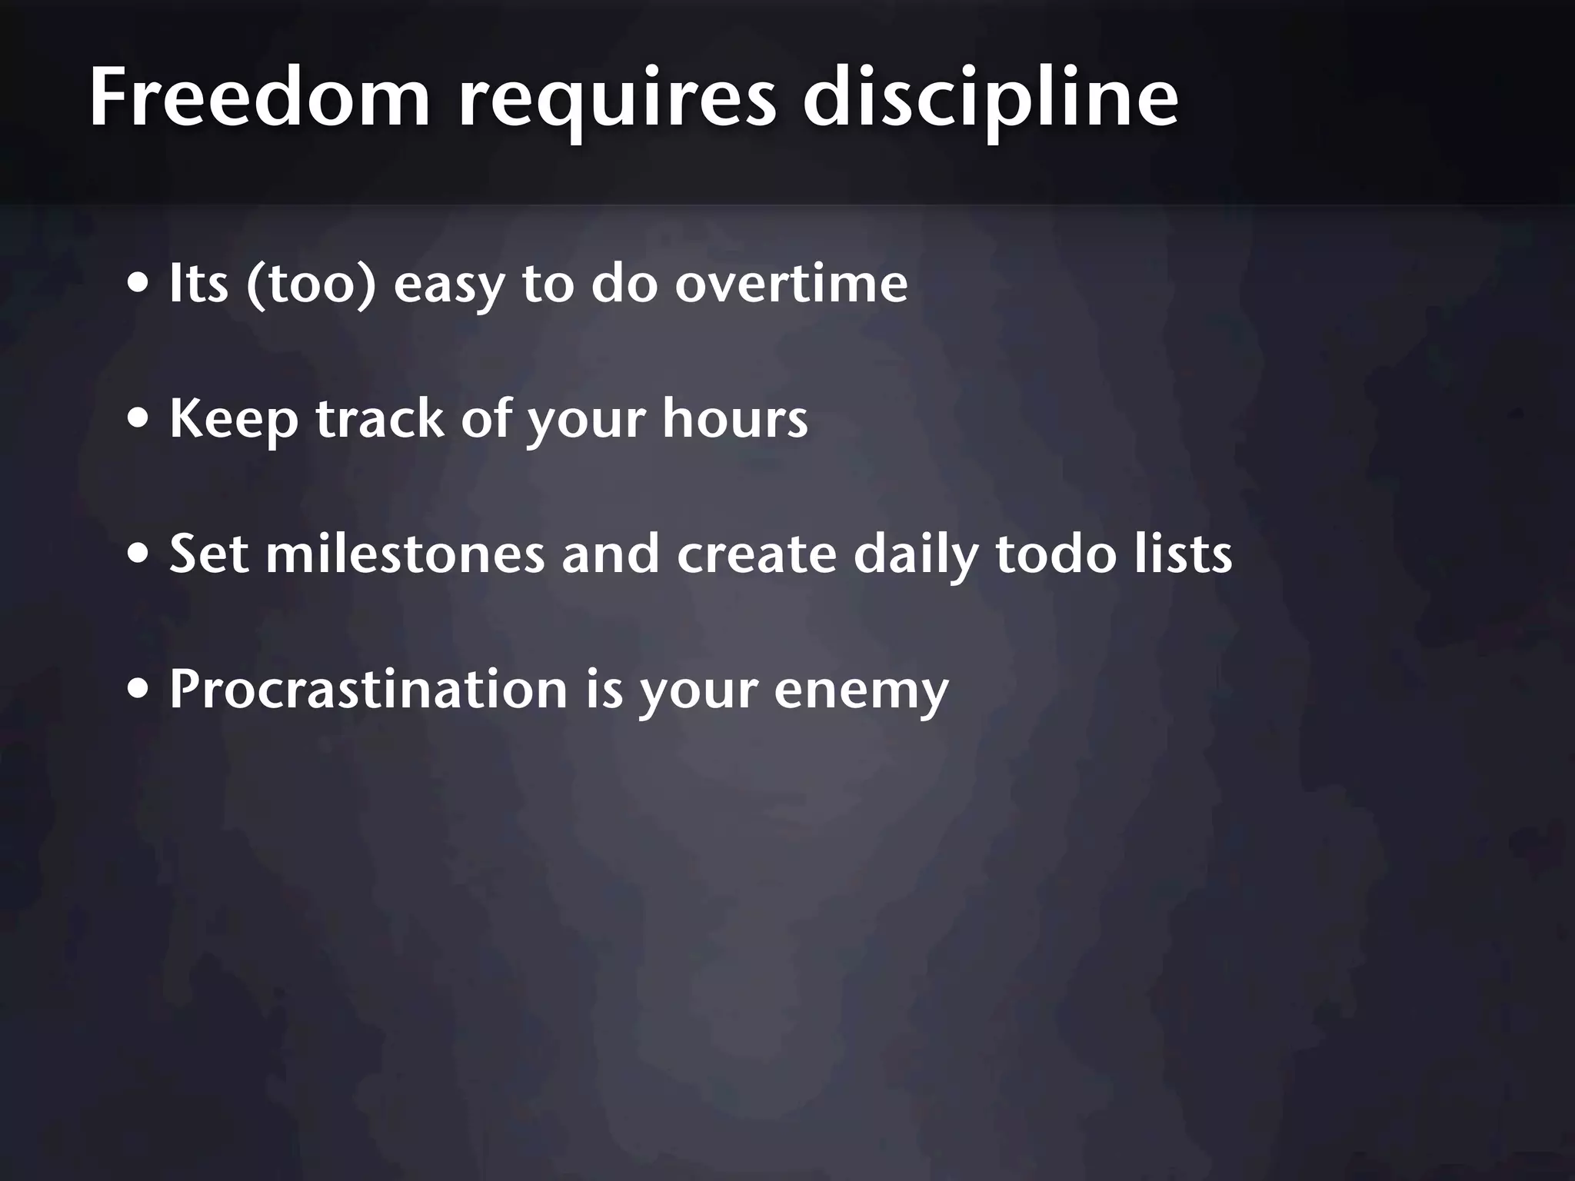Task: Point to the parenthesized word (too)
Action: pyautogui.click(x=311, y=284)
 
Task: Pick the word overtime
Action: pyautogui.click(x=791, y=284)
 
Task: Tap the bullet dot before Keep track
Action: pyautogui.click(x=138, y=420)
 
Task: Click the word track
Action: pyautogui.click(x=381, y=419)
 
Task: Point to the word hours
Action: pyautogui.click(x=734, y=419)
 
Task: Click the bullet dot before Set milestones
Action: pyautogui.click(x=138, y=554)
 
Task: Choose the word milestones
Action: pyautogui.click(x=405, y=554)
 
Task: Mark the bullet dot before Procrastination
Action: pyautogui.click(x=138, y=690)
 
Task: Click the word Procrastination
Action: pyautogui.click(x=368, y=689)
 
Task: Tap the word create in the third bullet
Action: pyautogui.click(x=756, y=554)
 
